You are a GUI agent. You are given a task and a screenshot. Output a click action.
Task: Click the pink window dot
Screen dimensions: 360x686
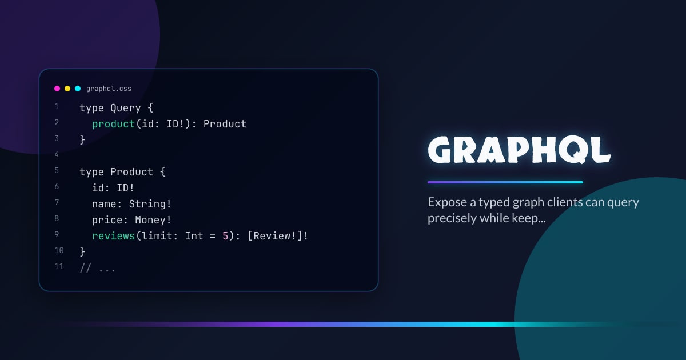[x=57, y=89]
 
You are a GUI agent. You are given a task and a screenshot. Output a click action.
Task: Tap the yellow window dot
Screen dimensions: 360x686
[x=67, y=89]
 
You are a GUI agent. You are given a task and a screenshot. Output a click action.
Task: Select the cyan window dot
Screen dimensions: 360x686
[x=78, y=89]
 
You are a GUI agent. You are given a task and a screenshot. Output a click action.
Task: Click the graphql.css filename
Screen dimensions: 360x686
[x=109, y=89]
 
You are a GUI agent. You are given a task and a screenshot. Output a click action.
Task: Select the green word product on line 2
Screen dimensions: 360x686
[x=114, y=124]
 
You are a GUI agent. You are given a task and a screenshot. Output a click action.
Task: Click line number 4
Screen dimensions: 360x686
[x=57, y=155]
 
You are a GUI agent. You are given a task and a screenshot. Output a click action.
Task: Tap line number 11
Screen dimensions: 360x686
[x=59, y=266]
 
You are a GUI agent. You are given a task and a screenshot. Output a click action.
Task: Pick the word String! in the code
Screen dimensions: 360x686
[x=150, y=204]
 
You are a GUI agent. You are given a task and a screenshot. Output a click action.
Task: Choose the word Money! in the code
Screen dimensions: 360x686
[x=153, y=220]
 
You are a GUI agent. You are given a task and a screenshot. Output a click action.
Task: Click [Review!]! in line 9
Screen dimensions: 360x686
[x=278, y=236]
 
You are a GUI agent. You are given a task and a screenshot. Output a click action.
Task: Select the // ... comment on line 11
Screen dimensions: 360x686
[x=98, y=268]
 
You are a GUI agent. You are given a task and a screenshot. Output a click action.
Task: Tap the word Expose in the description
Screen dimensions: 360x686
[x=446, y=202]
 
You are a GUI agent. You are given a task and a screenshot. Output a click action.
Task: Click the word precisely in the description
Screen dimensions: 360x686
[x=452, y=218]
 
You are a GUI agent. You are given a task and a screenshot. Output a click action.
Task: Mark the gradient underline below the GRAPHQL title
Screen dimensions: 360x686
[x=505, y=182]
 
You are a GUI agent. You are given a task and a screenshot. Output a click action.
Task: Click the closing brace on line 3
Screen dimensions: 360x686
[x=82, y=139]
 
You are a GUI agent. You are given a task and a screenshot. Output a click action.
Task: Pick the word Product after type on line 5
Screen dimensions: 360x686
[x=132, y=172]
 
